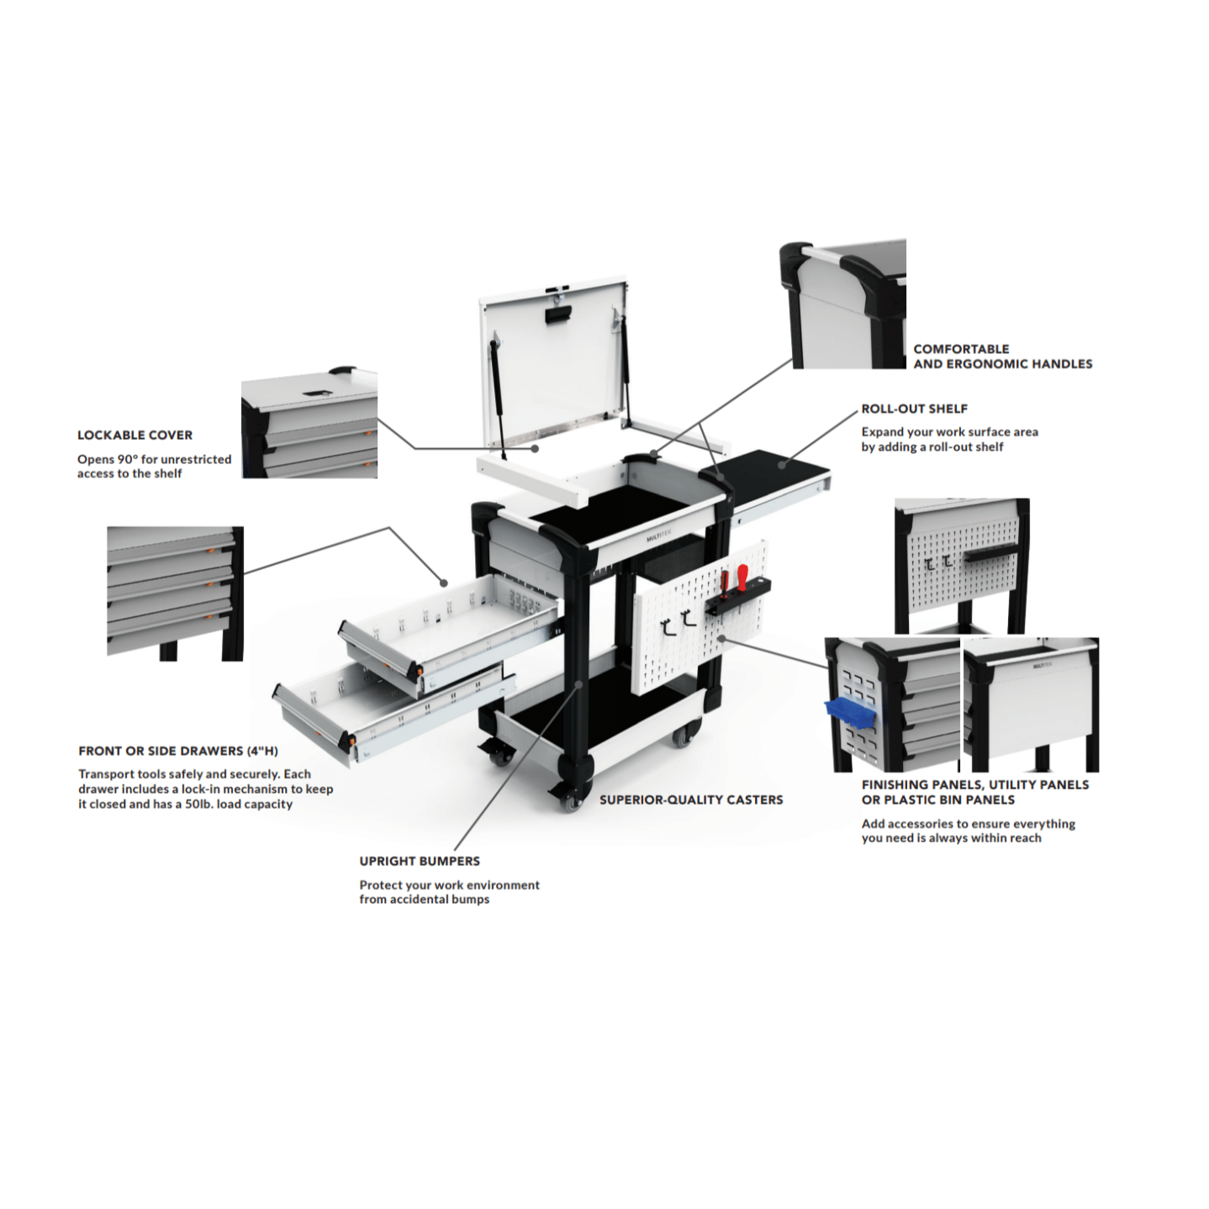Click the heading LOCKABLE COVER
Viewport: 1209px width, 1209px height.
pyautogui.click(x=135, y=436)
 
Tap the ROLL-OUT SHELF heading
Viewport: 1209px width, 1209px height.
pyautogui.click(x=914, y=409)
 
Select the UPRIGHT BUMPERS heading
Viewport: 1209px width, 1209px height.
pyautogui.click(x=420, y=862)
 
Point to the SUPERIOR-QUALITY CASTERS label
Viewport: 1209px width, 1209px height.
pyautogui.click(x=691, y=800)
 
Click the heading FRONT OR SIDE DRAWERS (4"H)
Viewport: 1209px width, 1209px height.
pyautogui.click(x=178, y=751)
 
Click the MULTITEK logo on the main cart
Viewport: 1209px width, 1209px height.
pyautogui.click(x=658, y=538)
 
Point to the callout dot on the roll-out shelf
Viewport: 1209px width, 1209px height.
pyautogui.click(x=782, y=464)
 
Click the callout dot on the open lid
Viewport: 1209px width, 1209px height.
pyautogui.click(x=535, y=449)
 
